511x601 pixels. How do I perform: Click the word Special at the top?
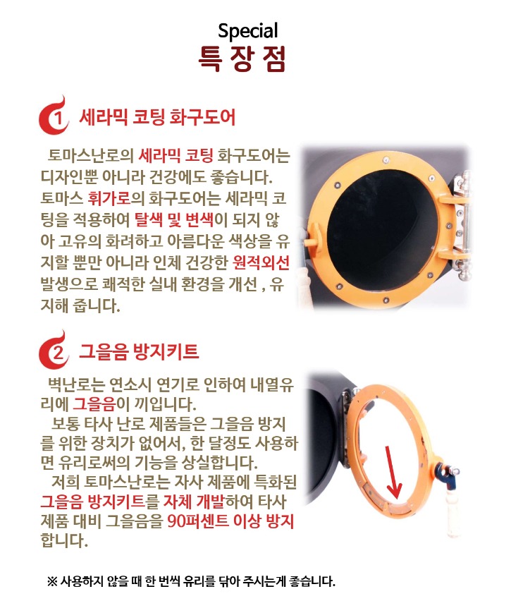click(x=248, y=31)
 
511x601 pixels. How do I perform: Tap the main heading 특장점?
click(x=243, y=59)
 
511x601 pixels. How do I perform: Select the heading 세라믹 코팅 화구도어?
click(x=157, y=116)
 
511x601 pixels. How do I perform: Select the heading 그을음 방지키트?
click(x=139, y=350)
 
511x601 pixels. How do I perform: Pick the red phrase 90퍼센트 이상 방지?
click(x=231, y=521)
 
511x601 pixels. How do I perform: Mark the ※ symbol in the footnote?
click(x=52, y=582)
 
